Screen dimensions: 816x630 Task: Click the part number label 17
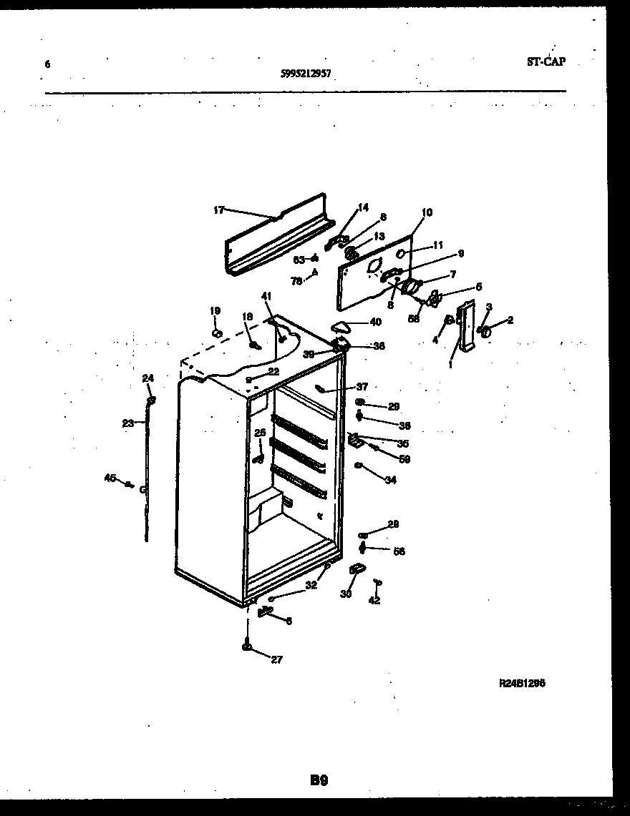click(218, 210)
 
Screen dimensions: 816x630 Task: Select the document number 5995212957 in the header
click(306, 72)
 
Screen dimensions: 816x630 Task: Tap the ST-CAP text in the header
click(546, 62)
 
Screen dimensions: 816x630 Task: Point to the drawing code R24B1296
click(522, 683)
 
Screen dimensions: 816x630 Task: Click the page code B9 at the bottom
click(319, 781)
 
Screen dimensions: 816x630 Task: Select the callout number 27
click(276, 659)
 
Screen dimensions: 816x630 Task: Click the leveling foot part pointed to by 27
click(247, 647)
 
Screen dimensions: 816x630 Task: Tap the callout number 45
click(110, 478)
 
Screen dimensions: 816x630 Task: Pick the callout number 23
click(127, 423)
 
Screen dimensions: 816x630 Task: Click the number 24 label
click(147, 378)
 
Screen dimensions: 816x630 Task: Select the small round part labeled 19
click(217, 332)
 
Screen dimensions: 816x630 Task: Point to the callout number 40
click(375, 323)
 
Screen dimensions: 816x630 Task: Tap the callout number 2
click(510, 320)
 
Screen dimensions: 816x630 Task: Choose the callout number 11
click(438, 245)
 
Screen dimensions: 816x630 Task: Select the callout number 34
click(390, 480)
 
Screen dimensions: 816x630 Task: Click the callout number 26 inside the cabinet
click(259, 433)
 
